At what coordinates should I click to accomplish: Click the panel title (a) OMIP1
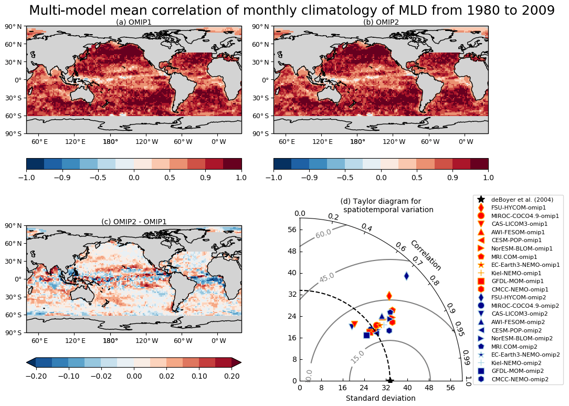click(134, 22)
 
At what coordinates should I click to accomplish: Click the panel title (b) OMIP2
click(381, 22)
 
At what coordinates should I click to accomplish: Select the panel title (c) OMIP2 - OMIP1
click(134, 222)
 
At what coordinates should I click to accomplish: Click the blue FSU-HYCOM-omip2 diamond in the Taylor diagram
click(406, 276)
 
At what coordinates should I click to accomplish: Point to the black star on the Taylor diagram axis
click(390, 380)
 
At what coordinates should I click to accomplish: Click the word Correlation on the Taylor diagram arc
click(426, 255)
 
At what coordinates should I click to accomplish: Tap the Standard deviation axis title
click(381, 398)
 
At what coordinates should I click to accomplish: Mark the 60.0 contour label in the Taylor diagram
click(323, 233)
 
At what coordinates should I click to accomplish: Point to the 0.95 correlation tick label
click(459, 329)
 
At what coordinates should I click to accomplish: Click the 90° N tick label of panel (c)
click(13, 226)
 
